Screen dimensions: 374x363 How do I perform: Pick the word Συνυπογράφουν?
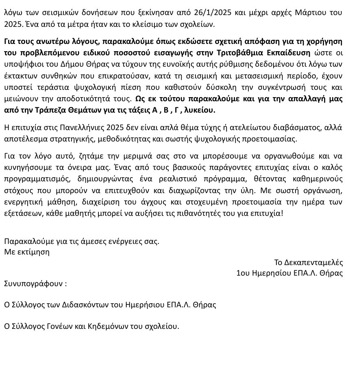[32, 283]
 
